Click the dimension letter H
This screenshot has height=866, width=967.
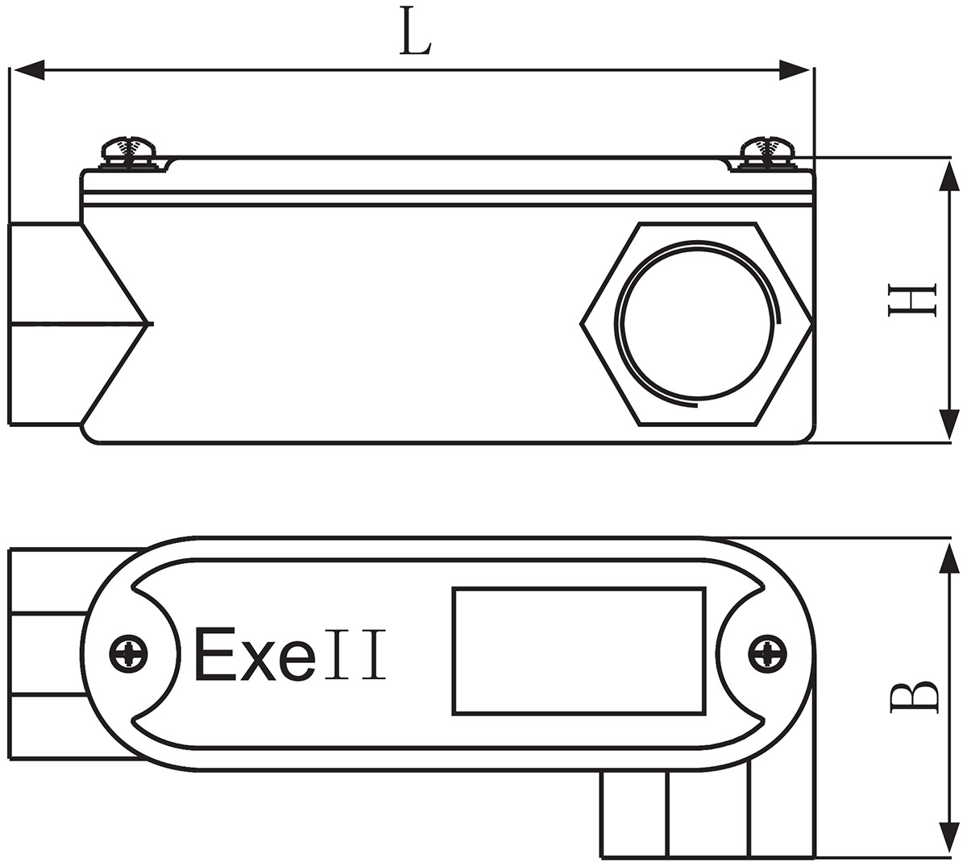(911, 300)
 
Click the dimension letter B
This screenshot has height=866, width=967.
(914, 698)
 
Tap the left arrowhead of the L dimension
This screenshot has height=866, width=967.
(28, 70)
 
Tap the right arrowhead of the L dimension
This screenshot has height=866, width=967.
(795, 70)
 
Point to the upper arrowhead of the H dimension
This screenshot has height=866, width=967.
(950, 175)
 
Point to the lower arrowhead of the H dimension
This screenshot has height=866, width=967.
(950, 425)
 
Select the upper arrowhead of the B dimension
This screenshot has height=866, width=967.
(950, 557)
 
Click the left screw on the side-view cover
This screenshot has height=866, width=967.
(129, 152)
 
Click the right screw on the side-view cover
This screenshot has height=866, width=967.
(767, 152)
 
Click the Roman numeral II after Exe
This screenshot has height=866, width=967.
(355, 655)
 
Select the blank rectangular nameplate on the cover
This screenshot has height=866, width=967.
(580, 651)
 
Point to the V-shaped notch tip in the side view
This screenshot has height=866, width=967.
(149, 324)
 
